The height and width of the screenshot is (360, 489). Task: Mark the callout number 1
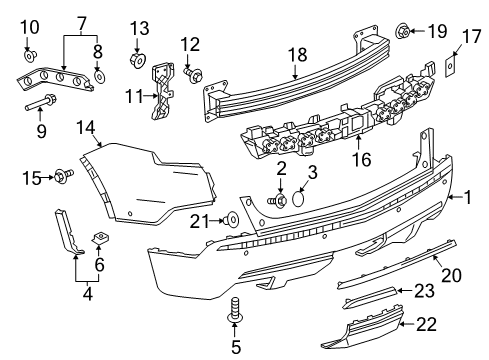[465, 197]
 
